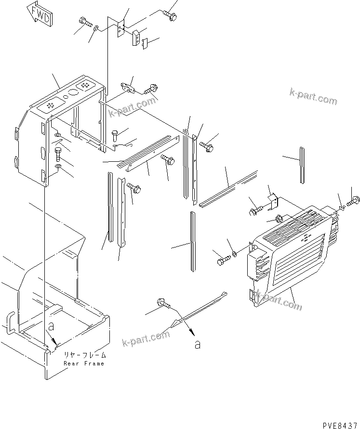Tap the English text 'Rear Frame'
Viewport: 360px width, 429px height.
click(x=84, y=364)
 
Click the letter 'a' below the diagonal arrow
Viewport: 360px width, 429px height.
click(x=198, y=344)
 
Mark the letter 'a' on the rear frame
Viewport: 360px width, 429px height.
click(x=51, y=326)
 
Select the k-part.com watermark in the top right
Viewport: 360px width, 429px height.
click(x=313, y=96)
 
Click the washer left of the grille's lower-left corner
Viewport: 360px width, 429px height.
click(x=234, y=254)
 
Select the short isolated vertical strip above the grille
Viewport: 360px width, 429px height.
click(x=302, y=165)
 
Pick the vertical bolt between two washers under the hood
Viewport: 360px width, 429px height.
click(x=58, y=155)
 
